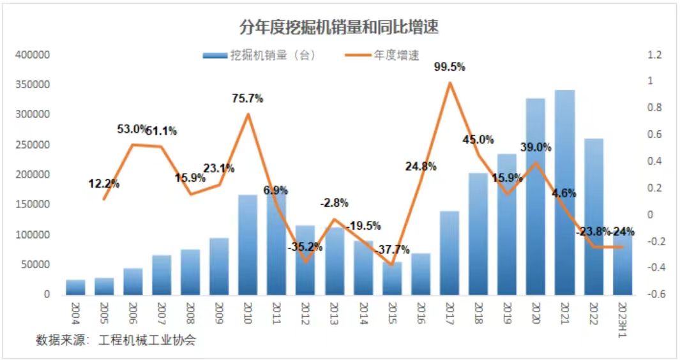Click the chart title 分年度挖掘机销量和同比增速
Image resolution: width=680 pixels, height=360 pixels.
[x=339, y=27]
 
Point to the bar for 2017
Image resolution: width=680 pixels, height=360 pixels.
[x=450, y=253]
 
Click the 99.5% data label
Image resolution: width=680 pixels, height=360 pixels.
[x=450, y=66]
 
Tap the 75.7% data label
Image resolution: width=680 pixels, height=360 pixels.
[x=248, y=98]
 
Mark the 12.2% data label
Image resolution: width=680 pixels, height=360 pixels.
[x=104, y=184]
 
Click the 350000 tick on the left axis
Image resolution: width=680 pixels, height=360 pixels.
[x=33, y=85]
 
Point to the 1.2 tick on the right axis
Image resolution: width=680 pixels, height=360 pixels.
[x=654, y=56]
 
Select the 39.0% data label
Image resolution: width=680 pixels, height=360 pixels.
[x=535, y=147]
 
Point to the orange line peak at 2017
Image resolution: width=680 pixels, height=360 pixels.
[x=450, y=82]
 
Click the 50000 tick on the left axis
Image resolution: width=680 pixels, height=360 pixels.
[x=35, y=265]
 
